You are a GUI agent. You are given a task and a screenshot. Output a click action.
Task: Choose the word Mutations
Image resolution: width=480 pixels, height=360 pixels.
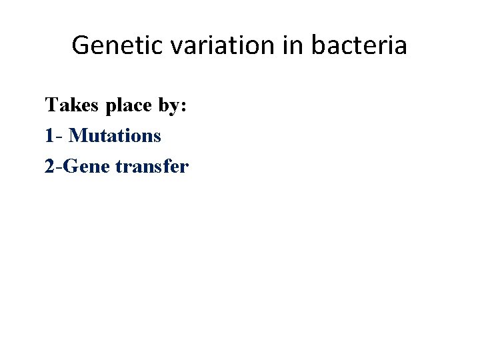point(115,136)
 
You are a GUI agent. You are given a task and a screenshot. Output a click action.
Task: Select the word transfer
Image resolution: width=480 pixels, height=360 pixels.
point(152,167)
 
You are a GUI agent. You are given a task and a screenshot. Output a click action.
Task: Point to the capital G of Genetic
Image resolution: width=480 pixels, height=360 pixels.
point(80,45)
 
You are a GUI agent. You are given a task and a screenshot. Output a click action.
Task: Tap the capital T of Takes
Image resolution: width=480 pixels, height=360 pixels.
point(51,105)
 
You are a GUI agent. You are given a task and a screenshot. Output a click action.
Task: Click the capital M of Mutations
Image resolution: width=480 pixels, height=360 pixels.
point(77,136)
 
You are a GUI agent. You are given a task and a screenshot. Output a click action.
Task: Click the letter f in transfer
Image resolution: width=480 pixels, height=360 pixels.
point(167,166)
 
